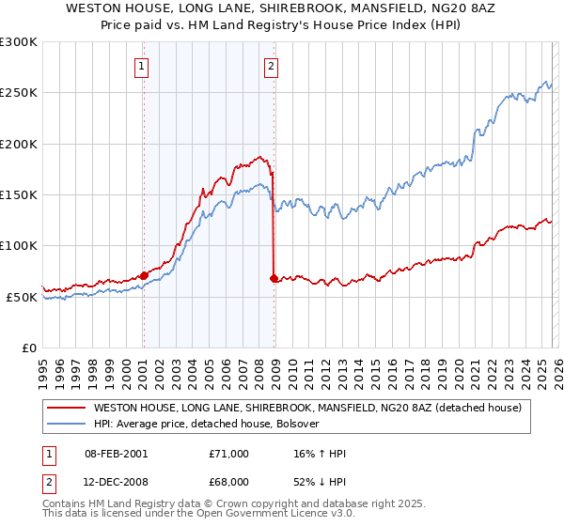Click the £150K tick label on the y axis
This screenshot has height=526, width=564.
coord(19,195)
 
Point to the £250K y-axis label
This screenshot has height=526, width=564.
coord(19,93)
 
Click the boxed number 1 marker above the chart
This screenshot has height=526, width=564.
coord(141,66)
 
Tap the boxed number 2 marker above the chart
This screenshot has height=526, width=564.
coord(271,66)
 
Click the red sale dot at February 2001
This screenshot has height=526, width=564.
coord(144,276)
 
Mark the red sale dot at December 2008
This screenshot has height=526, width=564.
coord(274,279)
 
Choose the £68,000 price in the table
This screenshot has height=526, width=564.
coord(228,480)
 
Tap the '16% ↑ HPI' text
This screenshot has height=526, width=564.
coord(320,454)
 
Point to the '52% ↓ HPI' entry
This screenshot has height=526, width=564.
coord(320,480)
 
